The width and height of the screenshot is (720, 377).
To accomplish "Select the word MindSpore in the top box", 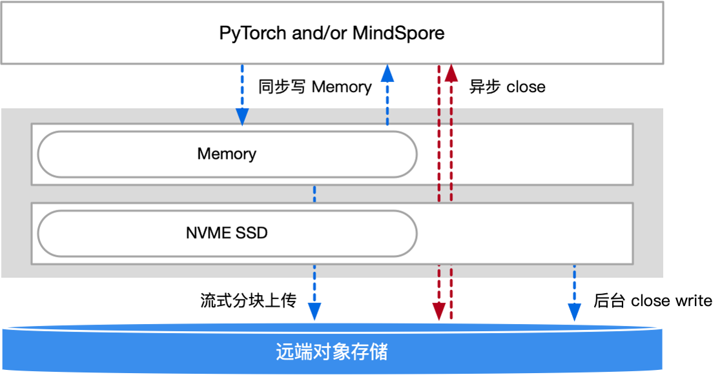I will coord(398,33).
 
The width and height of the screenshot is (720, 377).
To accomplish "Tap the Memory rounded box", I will coord(227,154).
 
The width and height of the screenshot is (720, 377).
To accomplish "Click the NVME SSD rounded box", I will coord(227,232).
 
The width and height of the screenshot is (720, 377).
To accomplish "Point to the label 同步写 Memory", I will coord(314,87).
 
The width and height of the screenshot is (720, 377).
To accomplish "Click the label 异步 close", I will coord(507,87).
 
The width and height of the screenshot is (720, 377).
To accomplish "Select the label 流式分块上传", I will coord(248,300).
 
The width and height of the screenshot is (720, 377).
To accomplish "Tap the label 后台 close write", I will coord(652,300).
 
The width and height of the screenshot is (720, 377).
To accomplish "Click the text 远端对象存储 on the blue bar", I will coord(332,352).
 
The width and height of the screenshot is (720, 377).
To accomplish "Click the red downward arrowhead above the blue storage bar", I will coord(439,311).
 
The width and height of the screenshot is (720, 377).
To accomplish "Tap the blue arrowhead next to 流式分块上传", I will coord(314,311).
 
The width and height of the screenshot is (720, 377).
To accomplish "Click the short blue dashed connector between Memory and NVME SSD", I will coord(314,194).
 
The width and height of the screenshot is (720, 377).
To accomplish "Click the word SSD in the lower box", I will coord(252,232).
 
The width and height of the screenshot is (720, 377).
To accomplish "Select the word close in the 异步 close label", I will coord(526,87).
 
